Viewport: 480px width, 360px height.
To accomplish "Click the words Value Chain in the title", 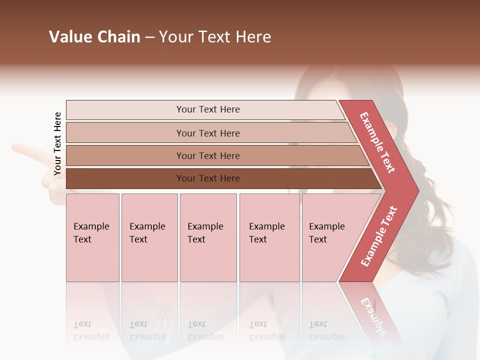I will [x=94, y=37].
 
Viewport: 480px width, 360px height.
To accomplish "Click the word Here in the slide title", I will [x=253, y=37].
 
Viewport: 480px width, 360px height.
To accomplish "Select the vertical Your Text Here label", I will [x=57, y=143].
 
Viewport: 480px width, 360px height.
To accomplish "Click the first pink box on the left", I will [x=92, y=237].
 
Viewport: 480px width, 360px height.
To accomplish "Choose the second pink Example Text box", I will [x=149, y=237].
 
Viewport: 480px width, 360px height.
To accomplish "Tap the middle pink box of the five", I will [x=208, y=237].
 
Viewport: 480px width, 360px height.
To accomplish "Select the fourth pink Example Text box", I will [x=269, y=237].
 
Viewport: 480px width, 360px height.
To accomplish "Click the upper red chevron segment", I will [x=377, y=142].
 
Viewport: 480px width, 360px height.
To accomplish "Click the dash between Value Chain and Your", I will [x=149, y=37].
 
